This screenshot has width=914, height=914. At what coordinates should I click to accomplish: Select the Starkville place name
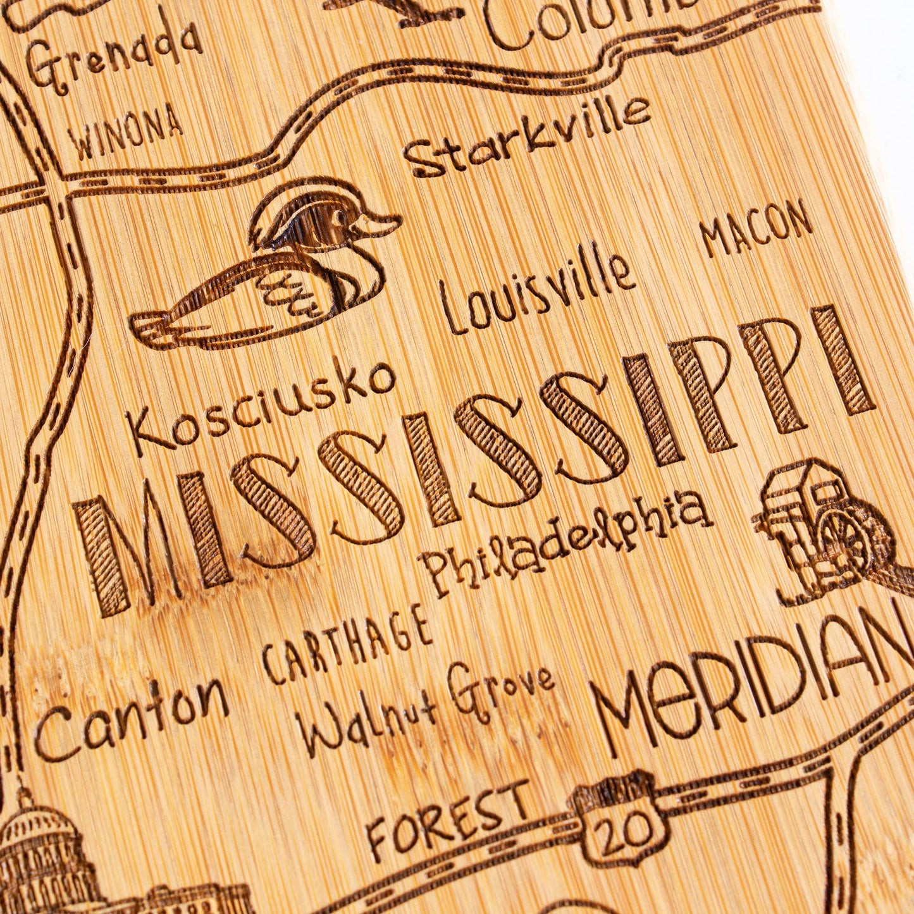pyautogui.click(x=528, y=137)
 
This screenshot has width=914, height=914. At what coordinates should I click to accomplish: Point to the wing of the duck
pyautogui.click(x=294, y=291)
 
